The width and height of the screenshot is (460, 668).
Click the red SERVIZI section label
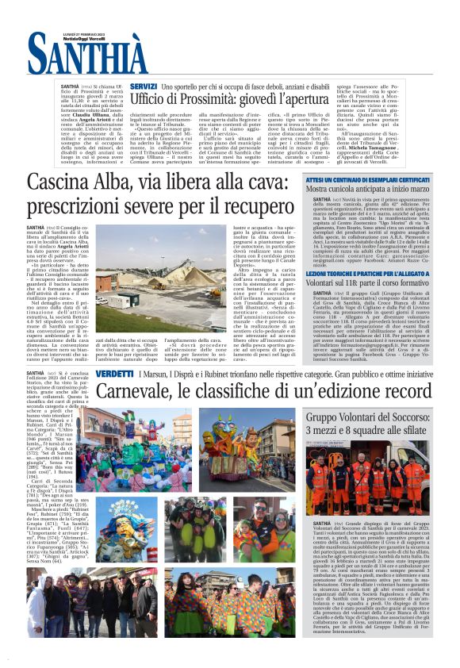[x=143, y=85]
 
